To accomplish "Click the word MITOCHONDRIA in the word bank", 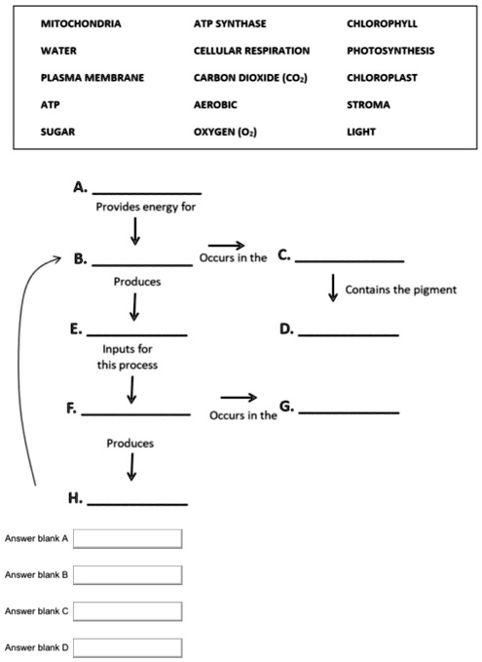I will pos(81,23).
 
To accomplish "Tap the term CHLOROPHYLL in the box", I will pos(382,23).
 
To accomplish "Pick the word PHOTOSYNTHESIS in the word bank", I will pos(390,50).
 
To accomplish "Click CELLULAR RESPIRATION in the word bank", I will pos(251,50).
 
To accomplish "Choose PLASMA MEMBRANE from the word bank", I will pos(92,76).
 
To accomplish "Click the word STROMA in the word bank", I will pos(368,102).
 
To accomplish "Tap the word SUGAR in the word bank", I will pos(58,129).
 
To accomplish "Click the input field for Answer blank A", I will pos(128,538).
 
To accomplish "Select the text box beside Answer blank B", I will pos(128,575).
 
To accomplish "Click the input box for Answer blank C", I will pos(128,611).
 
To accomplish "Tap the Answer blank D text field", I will pos(128,647).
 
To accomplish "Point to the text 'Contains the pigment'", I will pos(400,290).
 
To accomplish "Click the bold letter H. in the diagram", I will pos(75,498).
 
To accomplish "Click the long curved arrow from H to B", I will pos(36,370).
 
